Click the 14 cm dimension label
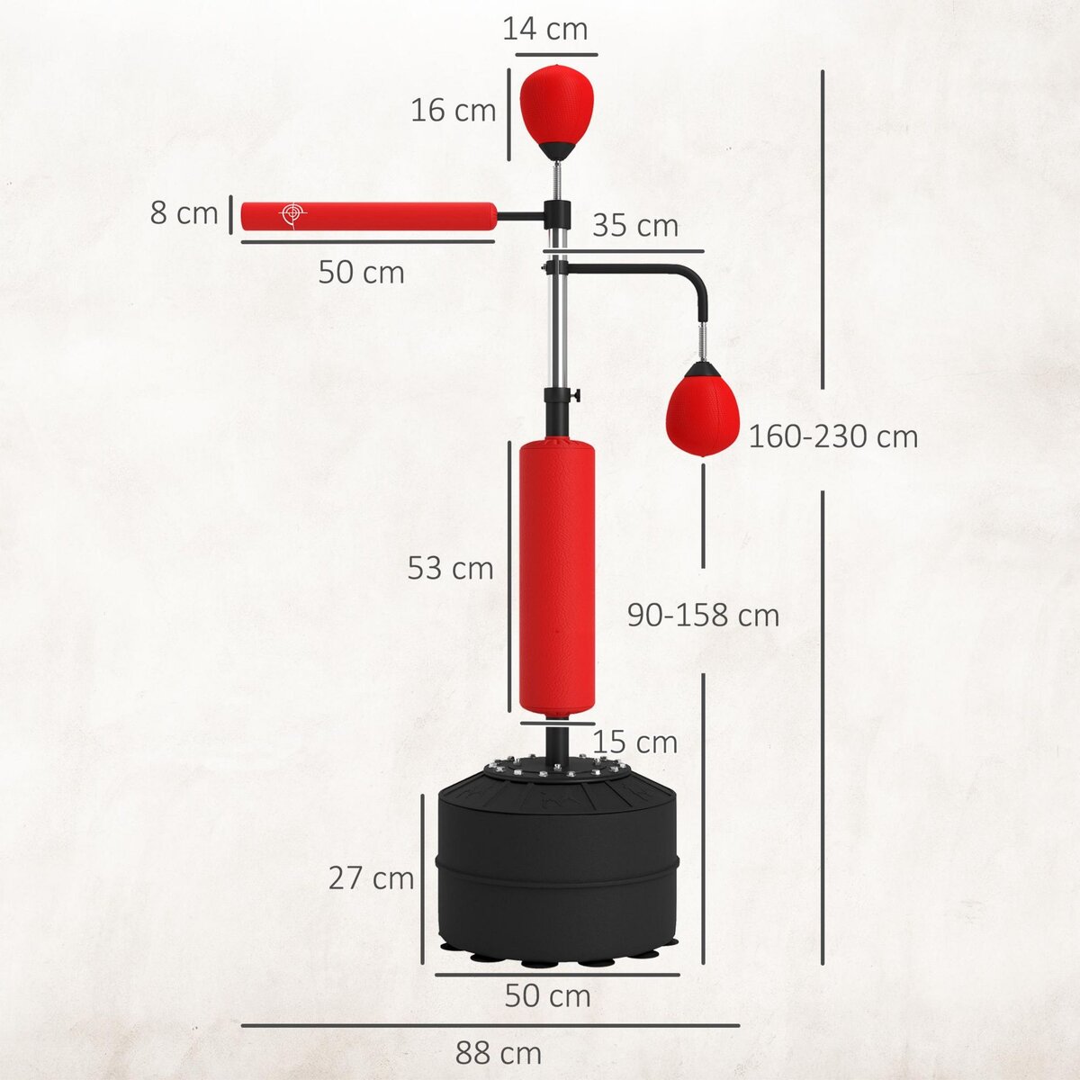544,29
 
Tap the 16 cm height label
454,111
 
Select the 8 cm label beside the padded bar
184,213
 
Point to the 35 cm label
635,225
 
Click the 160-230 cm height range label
833,436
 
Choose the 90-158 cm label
703,615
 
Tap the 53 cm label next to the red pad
450,568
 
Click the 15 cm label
635,742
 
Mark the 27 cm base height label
371,877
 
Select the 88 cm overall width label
499,1052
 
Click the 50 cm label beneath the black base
547,996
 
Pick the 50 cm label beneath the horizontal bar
361,272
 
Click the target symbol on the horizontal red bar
292,214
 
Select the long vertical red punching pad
557,576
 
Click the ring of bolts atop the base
557,769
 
